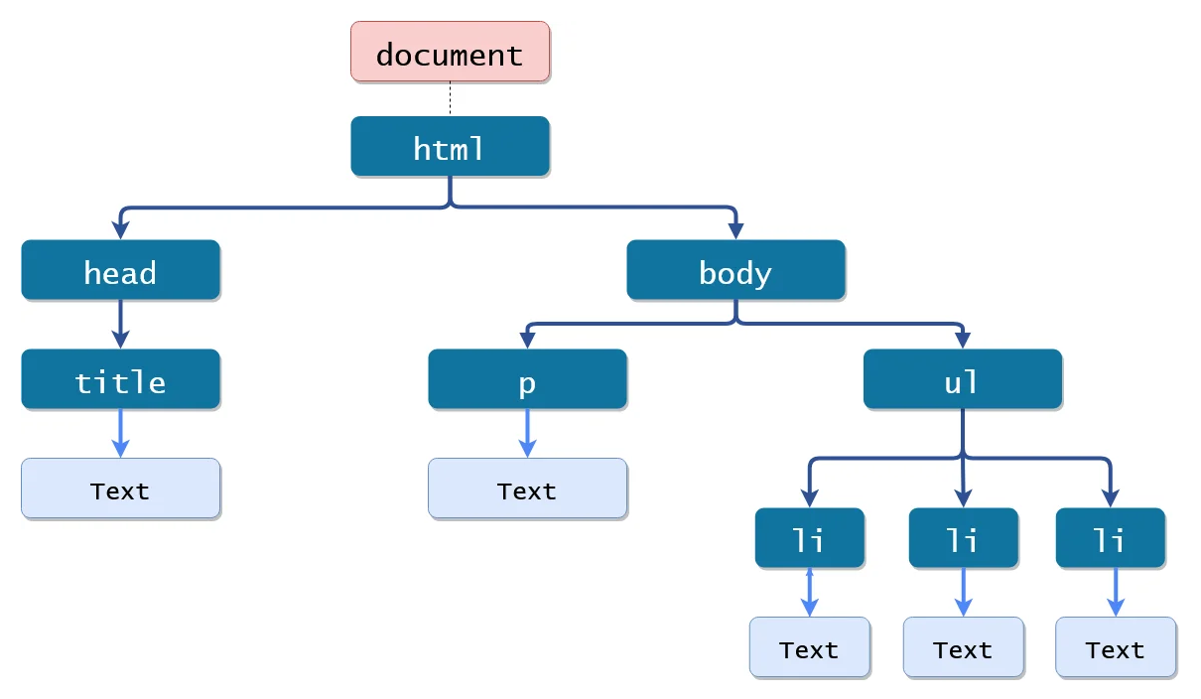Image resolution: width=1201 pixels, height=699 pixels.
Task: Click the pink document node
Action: [x=450, y=52]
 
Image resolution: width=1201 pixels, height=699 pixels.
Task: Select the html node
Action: [x=450, y=146]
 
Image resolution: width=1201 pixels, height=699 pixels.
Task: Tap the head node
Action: [x=121, y=270]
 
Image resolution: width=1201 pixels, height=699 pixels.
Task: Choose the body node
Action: [x=735, y=270]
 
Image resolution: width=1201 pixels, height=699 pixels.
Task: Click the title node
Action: [x=121, y=379]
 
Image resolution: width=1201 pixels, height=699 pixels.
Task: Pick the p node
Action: [x=528, y=379]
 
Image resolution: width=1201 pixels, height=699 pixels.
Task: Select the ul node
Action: [x=963, y=379]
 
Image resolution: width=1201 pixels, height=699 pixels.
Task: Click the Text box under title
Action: [x=121, y=489]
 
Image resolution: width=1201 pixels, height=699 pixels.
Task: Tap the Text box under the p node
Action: [x=528, y=489]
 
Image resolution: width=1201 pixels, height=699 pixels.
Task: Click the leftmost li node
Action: [x=810, y=538]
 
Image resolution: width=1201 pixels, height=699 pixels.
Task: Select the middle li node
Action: [x=964, y=538]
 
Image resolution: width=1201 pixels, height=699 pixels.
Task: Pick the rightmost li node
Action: [x=1111, y=538]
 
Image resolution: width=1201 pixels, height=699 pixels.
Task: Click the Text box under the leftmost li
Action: [x=810, y=647]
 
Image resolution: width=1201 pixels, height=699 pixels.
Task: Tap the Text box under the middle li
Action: [x=964, y=647]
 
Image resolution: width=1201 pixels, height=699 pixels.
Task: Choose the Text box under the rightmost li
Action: [x=1116, y=647]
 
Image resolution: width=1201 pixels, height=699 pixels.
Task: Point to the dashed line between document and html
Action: [x=450, y=98]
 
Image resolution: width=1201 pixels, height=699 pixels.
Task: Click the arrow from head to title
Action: [x=121, y=325]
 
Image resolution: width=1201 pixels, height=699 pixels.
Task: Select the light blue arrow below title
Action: [x=121, y=434]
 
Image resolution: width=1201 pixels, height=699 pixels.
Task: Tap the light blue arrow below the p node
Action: [x=528, y=434]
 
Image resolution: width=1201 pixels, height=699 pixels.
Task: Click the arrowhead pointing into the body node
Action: [x=735, y=231]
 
